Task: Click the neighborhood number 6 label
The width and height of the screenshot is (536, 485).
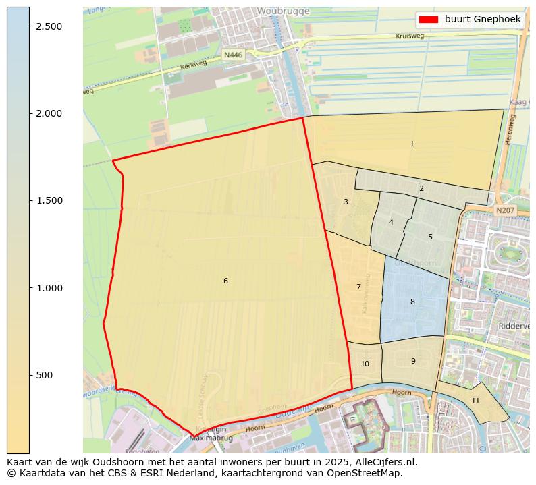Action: click(x=225, y=281)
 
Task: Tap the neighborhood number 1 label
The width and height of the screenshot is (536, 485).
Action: click(x=412, y=144)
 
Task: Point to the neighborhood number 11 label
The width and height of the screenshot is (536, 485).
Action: click(x=475, y=401)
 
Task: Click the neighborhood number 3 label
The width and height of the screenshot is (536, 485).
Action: click(x=346, y=202)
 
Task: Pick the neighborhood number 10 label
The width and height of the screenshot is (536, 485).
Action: click(x=365, y=364)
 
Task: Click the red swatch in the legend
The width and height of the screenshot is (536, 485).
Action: click(x=428, y=19)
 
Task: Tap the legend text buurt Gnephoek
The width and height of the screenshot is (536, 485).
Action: click(x=483, y=19)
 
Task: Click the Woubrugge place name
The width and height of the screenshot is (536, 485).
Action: click(x=283, y=11)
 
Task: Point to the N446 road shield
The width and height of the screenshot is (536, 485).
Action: click(x=233, y=55)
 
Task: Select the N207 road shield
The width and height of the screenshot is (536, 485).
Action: click(x=504, y=211)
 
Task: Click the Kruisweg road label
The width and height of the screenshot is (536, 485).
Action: click(x=410, y=36)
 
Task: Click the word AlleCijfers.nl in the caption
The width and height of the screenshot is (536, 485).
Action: click(x=379, y=462)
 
